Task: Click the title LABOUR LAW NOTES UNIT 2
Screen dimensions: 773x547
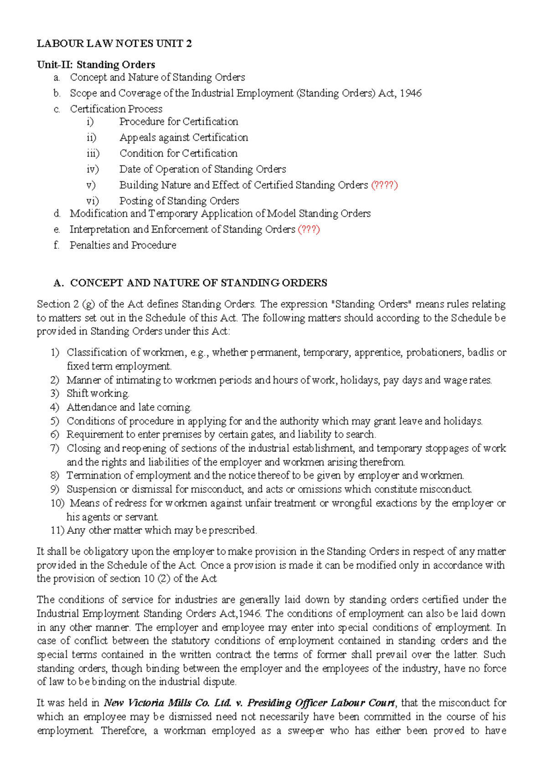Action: coord(114,44)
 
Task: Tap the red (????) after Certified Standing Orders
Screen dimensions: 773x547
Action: coord(384,185)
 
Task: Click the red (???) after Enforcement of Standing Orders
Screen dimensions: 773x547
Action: coord(309,229)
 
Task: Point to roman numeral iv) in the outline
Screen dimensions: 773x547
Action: coord(93,169)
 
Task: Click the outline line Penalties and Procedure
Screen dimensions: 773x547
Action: coord(123,245)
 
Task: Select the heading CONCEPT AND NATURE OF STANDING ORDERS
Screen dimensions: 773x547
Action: coord(198,283)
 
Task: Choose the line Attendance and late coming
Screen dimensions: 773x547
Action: coord(129,407)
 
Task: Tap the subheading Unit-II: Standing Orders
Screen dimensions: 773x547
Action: coord(96,65)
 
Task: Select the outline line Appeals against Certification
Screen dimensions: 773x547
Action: coord(184,138)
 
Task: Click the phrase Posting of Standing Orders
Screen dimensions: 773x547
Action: coord(179,201)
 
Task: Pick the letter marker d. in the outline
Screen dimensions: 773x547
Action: coord(57,214)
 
